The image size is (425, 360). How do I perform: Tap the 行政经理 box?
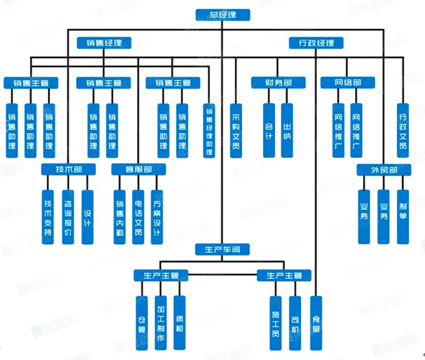click(316, 43)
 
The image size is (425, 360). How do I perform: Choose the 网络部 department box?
click(348, 83)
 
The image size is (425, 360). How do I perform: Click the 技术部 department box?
click(67, 169)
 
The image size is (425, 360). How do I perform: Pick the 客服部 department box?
click(138, 169)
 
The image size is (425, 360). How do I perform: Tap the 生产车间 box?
click(221, 249)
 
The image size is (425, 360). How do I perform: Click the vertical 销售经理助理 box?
click(210, 131)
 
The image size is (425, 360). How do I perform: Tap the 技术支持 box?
click(48, 217)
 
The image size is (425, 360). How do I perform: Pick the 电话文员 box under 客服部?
click(138, 217)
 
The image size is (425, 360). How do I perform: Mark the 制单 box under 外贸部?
click(402, 217)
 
